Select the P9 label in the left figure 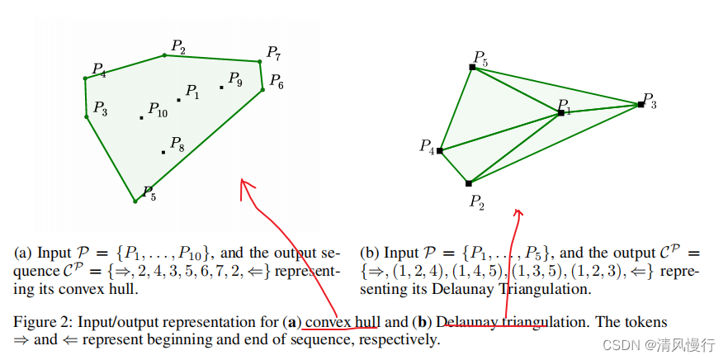coord(235,80)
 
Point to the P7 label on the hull coord(273,54)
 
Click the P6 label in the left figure coord(277,83)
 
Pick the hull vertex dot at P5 coord(135,201)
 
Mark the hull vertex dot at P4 coord(85,78)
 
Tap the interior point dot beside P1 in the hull coord(179,100)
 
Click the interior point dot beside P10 coord(142,117)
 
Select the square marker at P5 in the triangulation coord(473,67)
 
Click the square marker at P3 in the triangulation coord(641,104)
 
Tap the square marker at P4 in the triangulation coord(440,150)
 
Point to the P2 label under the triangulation coord(477,201)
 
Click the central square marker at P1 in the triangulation coord(561,112)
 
